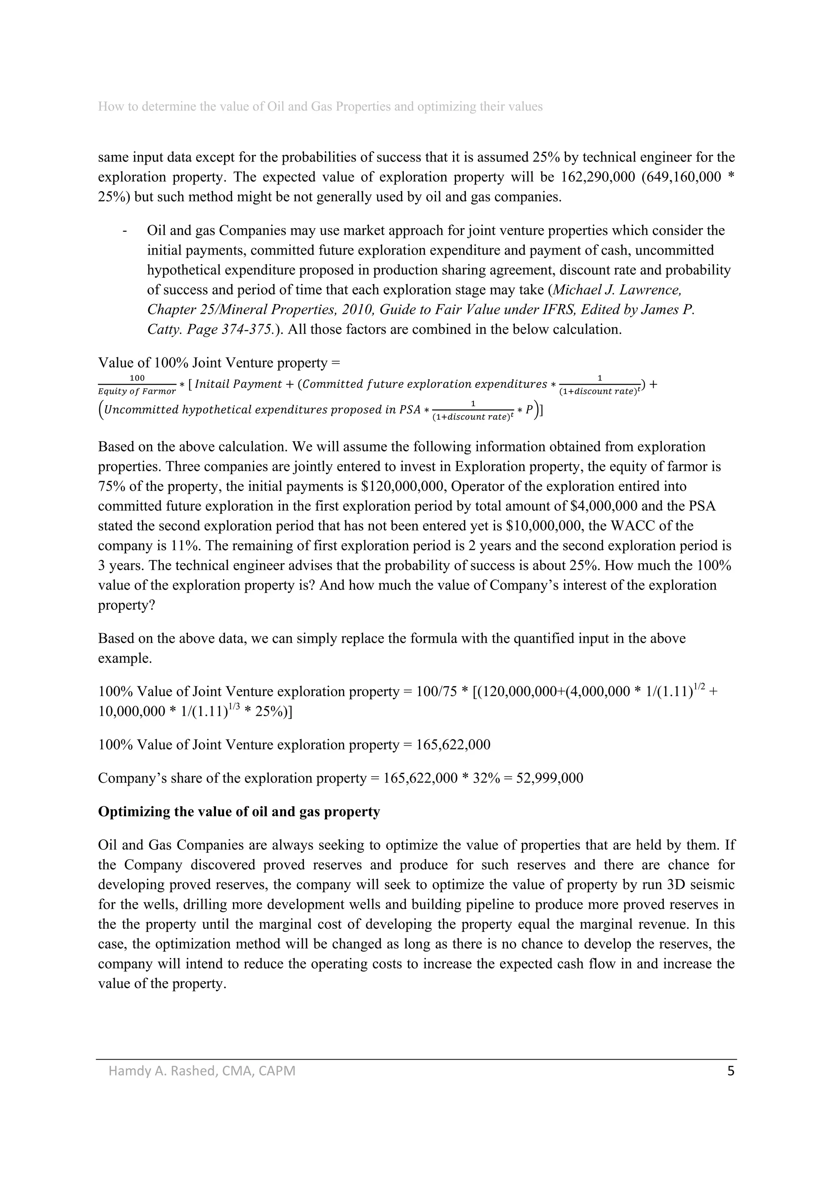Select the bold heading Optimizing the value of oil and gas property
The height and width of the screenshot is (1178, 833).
point(239,812)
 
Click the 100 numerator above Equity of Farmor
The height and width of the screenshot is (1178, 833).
point(137,378)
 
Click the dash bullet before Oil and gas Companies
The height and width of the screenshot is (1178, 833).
point(125,231)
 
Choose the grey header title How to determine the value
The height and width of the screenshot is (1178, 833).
point(320,107)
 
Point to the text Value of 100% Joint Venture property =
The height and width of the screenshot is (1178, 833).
point(219,363)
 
